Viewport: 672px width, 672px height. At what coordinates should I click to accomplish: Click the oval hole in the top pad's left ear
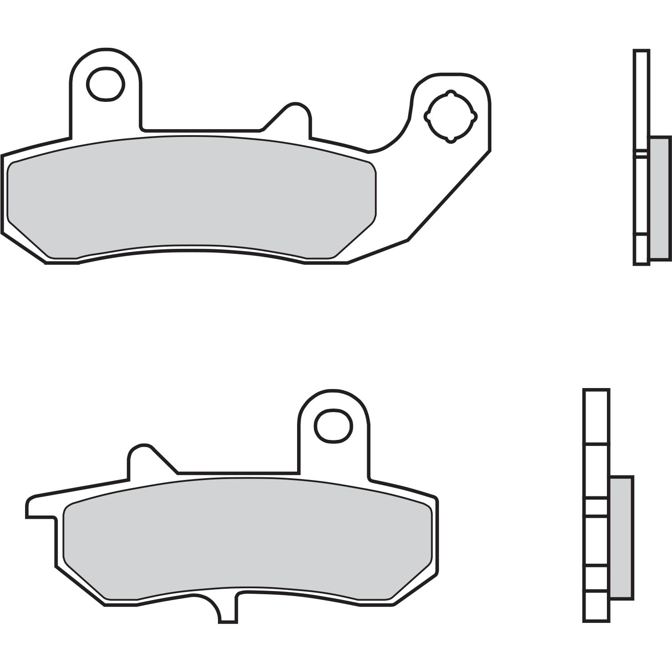click(106, 84)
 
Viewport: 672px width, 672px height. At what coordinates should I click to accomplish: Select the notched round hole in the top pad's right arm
click(450, 116)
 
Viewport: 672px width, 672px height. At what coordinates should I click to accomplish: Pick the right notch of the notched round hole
click(475, 116)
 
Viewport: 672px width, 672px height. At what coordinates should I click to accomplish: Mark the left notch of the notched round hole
click(427, 116)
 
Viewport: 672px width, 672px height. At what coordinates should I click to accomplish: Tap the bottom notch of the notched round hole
click(451, 140)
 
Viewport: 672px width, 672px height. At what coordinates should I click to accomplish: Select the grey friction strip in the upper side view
click(660, 198)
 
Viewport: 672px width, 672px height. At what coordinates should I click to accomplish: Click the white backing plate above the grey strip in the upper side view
click(642, 91)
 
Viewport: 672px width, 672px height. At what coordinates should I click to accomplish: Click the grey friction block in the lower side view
click(621, 537)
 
